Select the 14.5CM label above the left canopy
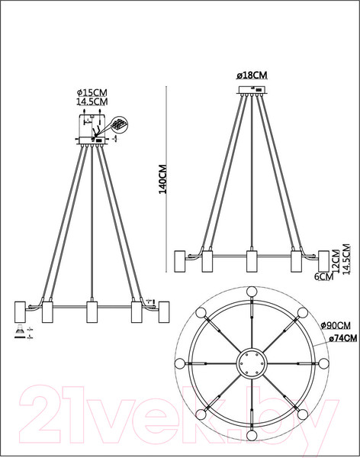tap(92, 100)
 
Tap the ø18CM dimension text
tap(251, 76)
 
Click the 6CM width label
tap(326, 277)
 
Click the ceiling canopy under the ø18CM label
tap(251, 90)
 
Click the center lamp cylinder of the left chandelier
tap(92, 312)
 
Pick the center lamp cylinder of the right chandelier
tap(251, 260)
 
